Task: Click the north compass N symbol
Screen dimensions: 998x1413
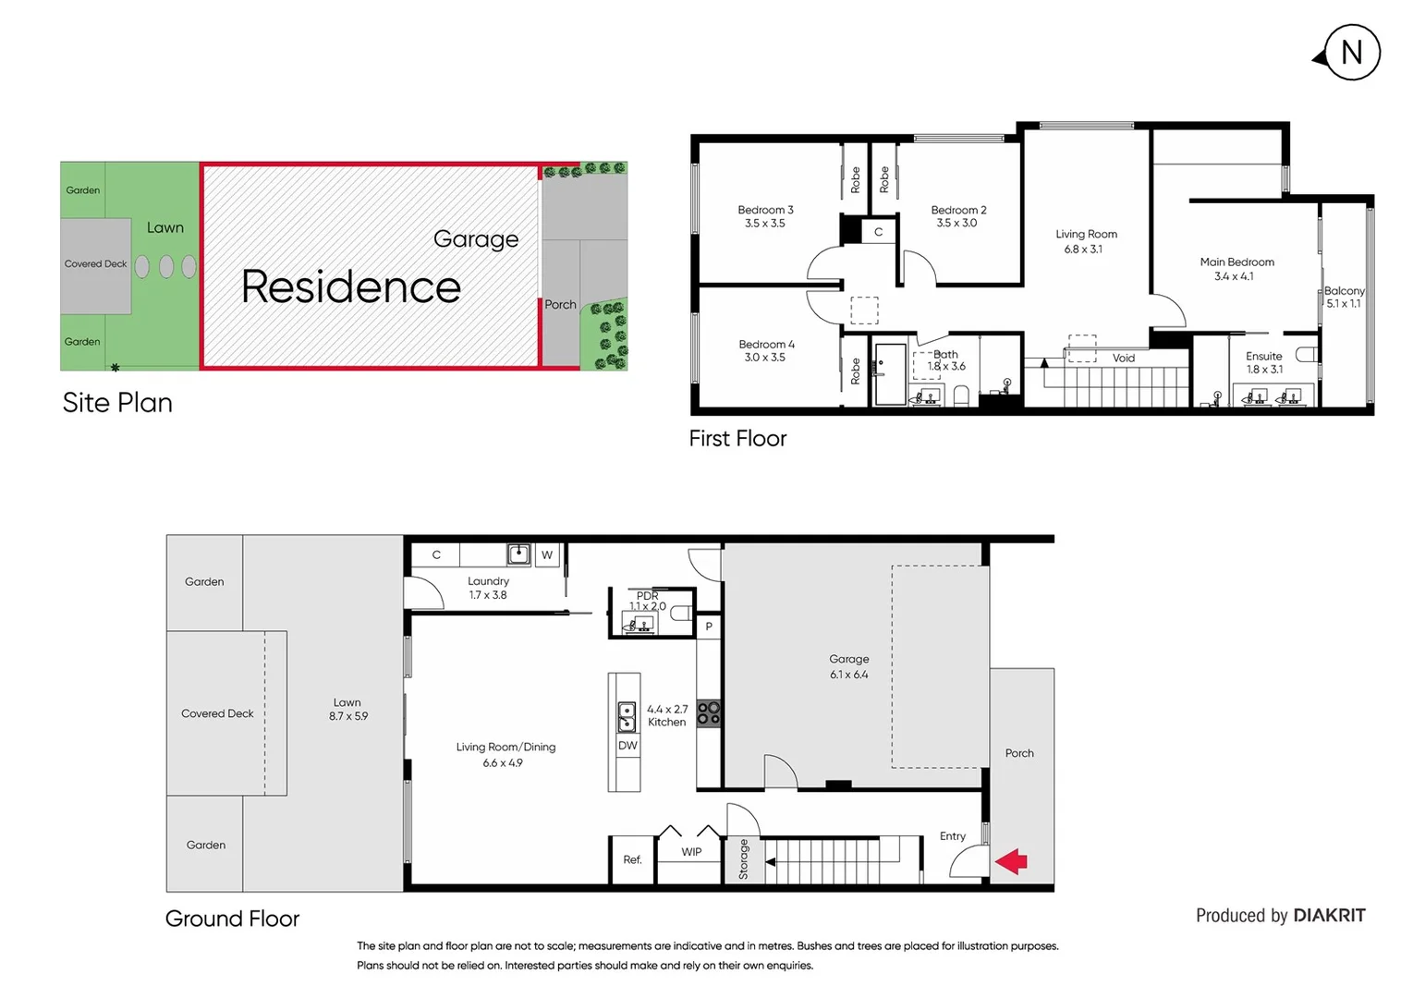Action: coord(1350,54)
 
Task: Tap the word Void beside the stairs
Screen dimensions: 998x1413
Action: coord(1123,359)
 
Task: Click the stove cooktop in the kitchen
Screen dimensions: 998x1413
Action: coord(709,713)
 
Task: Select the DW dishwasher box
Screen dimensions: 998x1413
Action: coord(627,746)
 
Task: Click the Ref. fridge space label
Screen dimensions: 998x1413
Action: coord(632,860)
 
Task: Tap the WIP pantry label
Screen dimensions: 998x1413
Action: coord(691,852)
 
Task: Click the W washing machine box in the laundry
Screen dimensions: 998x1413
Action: coord(547,555)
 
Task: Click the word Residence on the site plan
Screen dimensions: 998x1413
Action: coord(351,287)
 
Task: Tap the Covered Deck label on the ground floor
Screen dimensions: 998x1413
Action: coord(217,713)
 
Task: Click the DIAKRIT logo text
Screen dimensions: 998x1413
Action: coord(1329,916)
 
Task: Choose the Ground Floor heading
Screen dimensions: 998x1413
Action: coord(232,919)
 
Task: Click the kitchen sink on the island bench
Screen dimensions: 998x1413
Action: coord(626,716)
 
